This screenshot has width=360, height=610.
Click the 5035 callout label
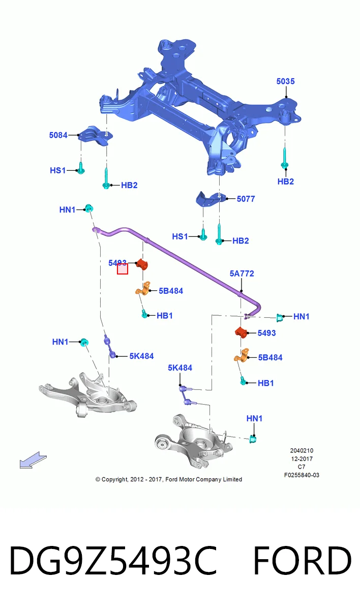tap(285, 81)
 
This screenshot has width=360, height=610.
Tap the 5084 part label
tap(58, 135)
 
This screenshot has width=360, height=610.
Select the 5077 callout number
tap(246, 199)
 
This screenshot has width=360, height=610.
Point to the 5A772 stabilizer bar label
tap(242, 273)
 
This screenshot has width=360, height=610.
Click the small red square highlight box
tap(123, 269)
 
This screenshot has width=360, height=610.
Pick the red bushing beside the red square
tap(141, 264)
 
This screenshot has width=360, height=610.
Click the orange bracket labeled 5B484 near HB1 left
tap(143, 288)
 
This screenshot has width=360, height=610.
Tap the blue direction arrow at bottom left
tap(33, 460)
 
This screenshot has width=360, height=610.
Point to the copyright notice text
tap(169, 479)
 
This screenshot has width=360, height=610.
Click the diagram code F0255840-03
tap(302, 475)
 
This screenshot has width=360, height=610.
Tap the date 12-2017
tap(302, 459)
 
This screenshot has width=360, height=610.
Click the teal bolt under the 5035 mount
tap(285, 159)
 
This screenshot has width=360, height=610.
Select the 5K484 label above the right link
tap(180, 368)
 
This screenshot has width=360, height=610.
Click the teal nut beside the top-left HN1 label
tap(89, 208)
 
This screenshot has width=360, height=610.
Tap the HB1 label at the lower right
tap(265, 383)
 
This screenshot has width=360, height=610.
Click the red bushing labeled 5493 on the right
tap(241, 332)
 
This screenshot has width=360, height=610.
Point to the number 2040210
tap(302, 451)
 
